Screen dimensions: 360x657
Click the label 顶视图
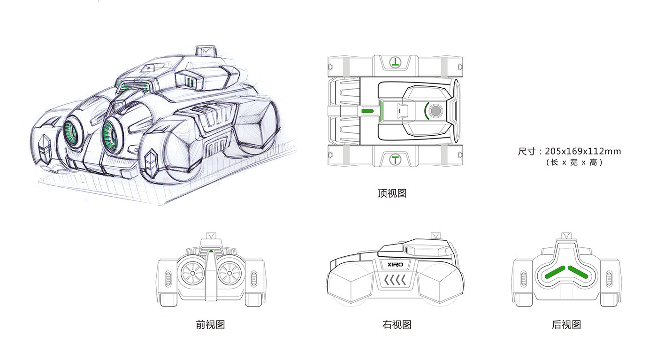[391, 193]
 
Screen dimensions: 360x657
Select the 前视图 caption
[211, 324]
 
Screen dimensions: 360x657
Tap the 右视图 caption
[397, 324]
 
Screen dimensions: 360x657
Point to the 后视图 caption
[566, 324]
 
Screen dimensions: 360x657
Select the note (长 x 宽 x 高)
[574, 162]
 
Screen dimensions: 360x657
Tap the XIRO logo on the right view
[396, 265]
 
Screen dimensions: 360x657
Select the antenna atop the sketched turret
[205, 50]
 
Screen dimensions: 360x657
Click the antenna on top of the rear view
[566, 235]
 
